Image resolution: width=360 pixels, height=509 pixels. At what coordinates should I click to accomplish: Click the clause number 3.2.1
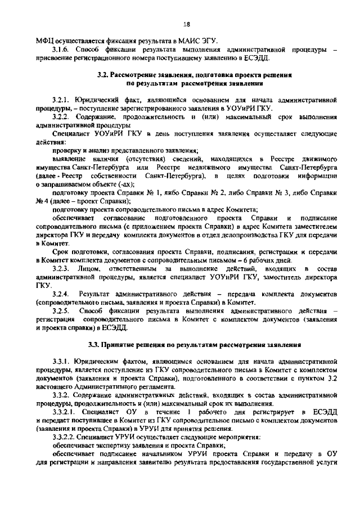(x=60, y=99)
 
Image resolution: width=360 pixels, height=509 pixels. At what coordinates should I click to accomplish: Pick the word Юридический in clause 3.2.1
(x=98, y=99)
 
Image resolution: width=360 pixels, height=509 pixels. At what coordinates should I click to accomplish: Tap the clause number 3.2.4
(x=60, y=294)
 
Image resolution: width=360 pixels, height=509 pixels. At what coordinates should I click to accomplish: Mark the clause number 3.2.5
(x=60, y=310)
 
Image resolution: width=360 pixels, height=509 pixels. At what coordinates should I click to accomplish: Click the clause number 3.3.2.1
(x=64, y=412)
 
